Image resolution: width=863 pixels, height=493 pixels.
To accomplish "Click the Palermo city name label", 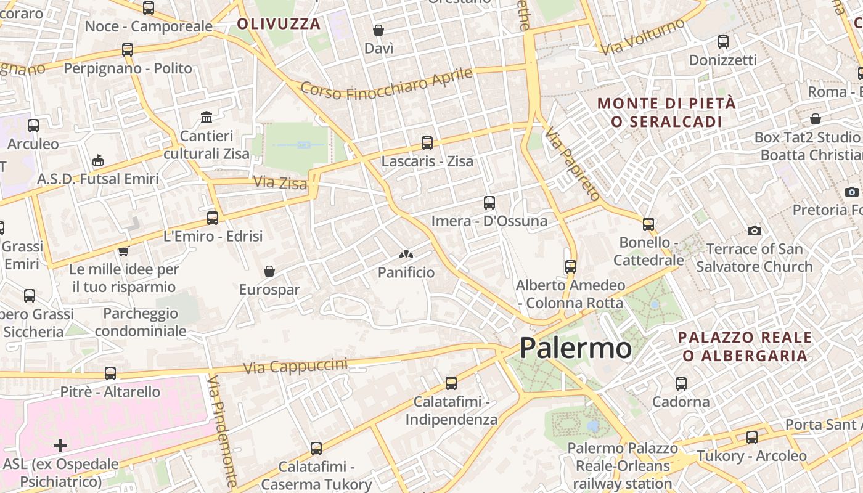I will pos(575,348).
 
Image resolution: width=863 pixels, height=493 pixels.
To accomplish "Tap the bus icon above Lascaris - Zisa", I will pos(427,143).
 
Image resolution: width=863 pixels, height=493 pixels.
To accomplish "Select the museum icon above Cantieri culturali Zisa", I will pos(207,117).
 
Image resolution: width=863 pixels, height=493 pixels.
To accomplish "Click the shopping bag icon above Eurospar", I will pos(269,271).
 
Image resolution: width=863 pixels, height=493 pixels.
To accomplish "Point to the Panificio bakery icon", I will pos(406,254).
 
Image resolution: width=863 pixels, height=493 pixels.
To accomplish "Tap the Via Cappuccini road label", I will pos(295,366).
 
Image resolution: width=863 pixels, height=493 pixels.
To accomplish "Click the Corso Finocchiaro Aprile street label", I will pos(387,84).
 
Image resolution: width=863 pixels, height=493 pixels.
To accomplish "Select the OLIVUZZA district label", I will pos(279,24).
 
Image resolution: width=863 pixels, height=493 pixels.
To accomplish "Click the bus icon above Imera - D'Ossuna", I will pos(489,202).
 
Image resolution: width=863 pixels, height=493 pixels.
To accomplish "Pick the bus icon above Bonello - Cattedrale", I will pos(648,224).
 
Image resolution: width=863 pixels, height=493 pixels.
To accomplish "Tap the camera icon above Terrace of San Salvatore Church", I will pos(754,230).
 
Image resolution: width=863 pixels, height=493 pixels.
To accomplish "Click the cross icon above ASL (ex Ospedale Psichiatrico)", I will pos(60,445).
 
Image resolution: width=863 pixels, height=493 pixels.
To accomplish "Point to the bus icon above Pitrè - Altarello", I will pos(110,373).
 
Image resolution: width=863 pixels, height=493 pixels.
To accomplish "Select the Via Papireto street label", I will pos(573,165).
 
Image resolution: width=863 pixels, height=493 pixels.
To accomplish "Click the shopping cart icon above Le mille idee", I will pos(123,251).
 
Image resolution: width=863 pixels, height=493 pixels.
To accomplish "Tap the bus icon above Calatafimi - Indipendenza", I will pos(451,383).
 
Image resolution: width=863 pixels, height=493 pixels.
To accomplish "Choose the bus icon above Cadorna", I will pos(681,383).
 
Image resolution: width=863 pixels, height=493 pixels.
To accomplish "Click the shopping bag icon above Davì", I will pos(378,30).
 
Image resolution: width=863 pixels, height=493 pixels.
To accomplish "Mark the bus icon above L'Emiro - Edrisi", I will pos(213,217).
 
